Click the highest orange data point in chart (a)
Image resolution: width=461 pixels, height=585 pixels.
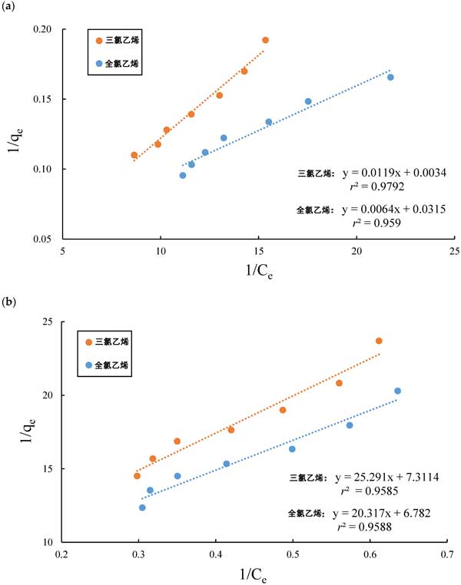[266, 40]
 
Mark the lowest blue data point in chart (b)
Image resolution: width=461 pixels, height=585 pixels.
[142, 507]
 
